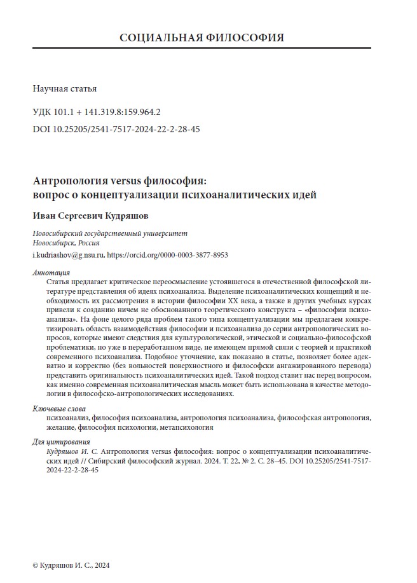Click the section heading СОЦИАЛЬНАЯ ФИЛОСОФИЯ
202,37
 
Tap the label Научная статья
64,89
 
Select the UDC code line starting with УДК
96,112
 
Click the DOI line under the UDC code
116,128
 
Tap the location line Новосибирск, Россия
66,243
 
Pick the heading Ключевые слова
58,409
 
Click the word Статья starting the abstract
58,281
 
